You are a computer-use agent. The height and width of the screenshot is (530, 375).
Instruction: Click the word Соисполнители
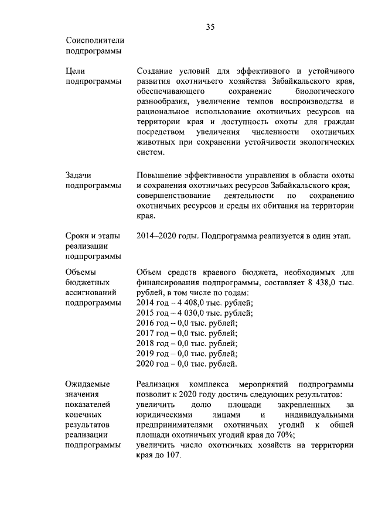(x=95, y=40)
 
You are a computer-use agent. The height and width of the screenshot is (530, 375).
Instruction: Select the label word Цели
(x=76, y=70)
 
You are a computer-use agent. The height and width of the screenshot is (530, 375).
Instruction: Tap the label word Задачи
(x=79, y=175)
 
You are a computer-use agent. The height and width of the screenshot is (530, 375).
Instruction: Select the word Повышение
(x=159, y=175)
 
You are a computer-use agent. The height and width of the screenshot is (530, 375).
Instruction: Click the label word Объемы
(x=80, y=272)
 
